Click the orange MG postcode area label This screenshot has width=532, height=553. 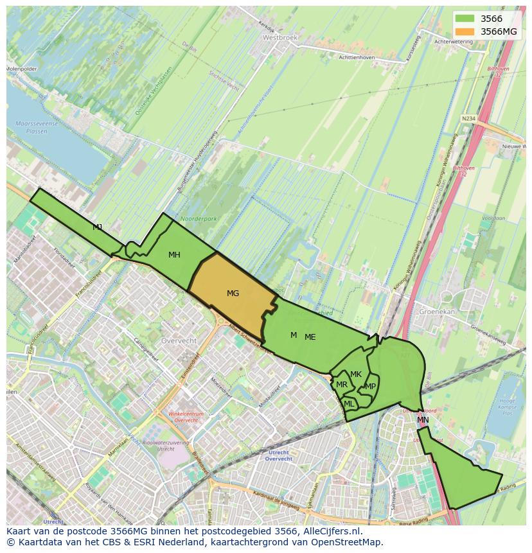233,294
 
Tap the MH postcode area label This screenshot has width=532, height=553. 174,255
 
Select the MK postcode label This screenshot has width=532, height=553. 356,374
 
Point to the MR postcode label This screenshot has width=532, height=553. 342,385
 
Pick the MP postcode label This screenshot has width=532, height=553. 370,387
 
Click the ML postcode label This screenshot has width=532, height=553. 349,404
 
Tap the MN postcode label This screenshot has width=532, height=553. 423,420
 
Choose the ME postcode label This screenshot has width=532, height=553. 310,337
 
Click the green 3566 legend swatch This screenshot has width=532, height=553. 465,19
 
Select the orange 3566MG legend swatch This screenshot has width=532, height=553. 465,31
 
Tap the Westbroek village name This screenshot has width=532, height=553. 280,38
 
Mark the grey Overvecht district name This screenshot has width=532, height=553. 179,340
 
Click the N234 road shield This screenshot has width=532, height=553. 469,118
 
